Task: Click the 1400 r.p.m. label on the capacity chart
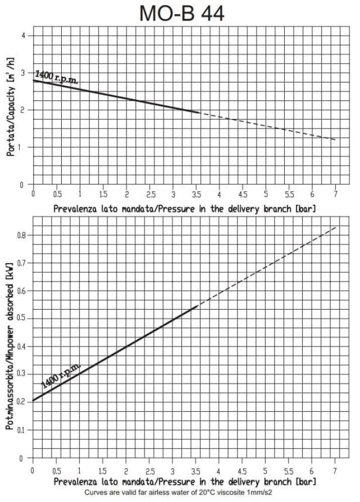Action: tap(56, 78)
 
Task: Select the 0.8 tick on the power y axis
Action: tap(21, 235)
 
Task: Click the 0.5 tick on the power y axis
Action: tap(21, 318)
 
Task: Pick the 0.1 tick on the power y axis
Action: tap(21, 430)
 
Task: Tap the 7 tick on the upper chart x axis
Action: tap(335, 194)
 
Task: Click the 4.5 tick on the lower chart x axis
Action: tap(242, 471)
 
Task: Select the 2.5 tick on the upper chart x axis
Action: tap(150, 194)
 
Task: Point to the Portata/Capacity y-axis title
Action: tap(10, 110)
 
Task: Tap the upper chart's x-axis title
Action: tap(184, 208)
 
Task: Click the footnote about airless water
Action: tap(182, 493)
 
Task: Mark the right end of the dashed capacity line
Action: tap(335, 140)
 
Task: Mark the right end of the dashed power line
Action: tap(335, 227)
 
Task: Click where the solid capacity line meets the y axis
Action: tap(33, 80)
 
